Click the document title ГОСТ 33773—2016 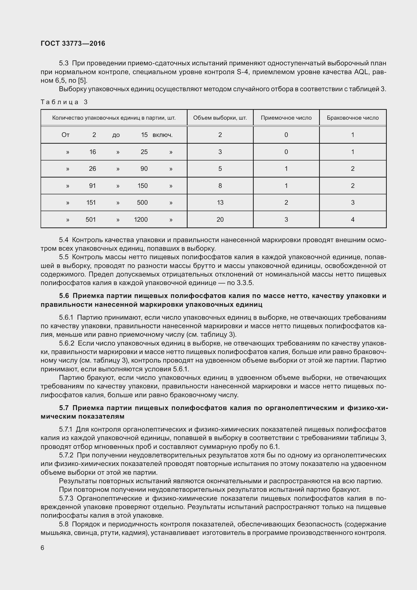[x=73, y=43]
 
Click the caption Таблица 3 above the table [x=64, y=102]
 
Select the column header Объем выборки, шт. [x=220, y=118]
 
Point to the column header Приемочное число [x=286, y=118]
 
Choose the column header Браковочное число [x=353, y=118]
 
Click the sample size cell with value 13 [x=220, y=203]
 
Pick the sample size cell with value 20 [x=220, y=220]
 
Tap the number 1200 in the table [x=141, y=220]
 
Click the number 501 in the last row [x=91, y=220]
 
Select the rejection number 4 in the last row [x=353, y=220]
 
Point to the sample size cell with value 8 [x=220, y=186]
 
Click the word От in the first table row [x=65, y=135]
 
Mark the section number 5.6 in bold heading [x=64, y=296]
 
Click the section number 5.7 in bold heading [x=64, y=408]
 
